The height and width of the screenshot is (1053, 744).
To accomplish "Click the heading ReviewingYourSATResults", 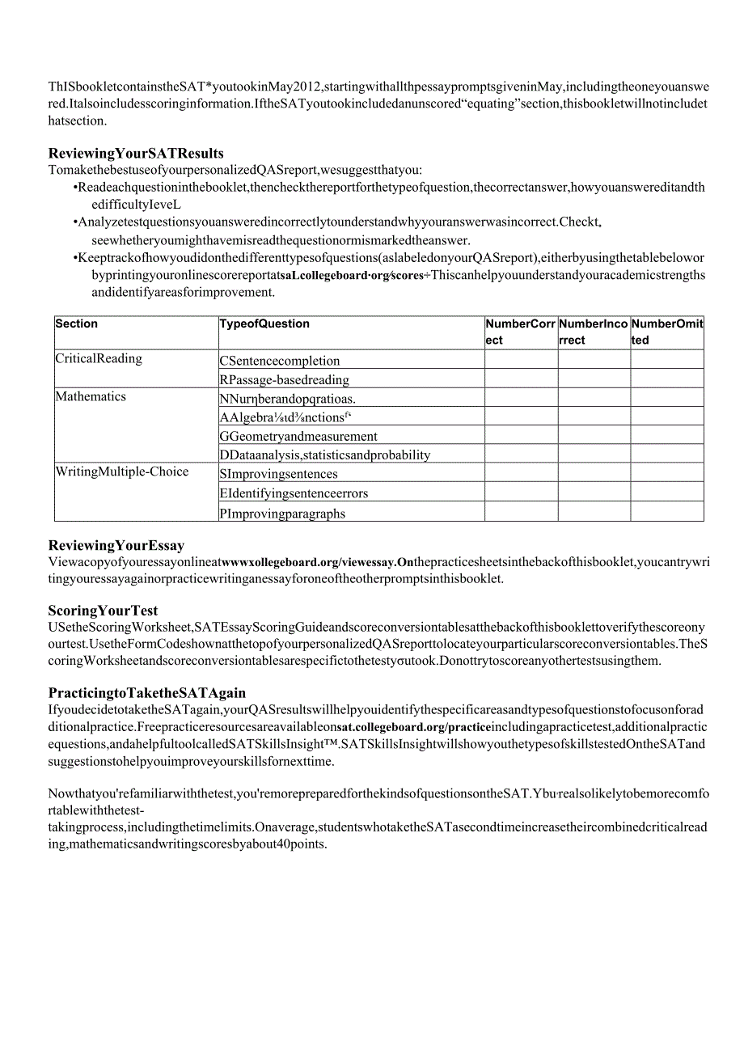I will pyautogui.click(x=136, y=154).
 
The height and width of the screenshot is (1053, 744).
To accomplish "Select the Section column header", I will pyautogui.click(x=77, y=324).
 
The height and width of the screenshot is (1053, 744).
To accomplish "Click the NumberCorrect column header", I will pyautogui.click(x=520, y=332).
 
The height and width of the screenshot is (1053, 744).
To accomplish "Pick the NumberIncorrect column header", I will pyautogui.click(x=593, y=332).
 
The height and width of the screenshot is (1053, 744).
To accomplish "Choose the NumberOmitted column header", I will pyautogui.click(x=666, y=332).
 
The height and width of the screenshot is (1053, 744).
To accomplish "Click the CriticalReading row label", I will pyautogui.click(x=99, y=358).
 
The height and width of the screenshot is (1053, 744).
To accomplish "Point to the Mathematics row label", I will pyautogui.click(x=91, y=396).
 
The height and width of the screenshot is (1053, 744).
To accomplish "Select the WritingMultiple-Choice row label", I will pyautogui.click(x=121, y=472).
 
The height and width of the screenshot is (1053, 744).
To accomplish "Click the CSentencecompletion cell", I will pyautogui.click(x=280, y=361).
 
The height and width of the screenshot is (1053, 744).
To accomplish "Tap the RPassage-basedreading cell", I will pyautogui.click(x=285, y=379).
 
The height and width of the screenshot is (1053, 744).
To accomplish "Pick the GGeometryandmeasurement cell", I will pyautogui.click(x=298, y=436).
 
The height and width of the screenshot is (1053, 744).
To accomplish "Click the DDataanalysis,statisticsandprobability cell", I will pyautogui.click(x=325, y=455).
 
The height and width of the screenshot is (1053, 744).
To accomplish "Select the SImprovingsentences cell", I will pyautogui.click(x=279, y=474).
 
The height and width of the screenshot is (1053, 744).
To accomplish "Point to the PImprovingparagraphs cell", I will pyautogui.click(x=282, y=514).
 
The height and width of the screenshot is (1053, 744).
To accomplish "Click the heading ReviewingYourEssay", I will pyautogui.click(x=116, y=546).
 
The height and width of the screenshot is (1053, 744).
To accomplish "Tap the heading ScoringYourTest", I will pyautogui.click(x=104, y=611).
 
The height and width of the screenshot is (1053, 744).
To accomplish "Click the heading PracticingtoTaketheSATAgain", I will pyautogui.click(x=147, y=693).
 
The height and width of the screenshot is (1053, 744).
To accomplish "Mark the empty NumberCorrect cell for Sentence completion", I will pyautogui.click(x=521, y=360).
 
